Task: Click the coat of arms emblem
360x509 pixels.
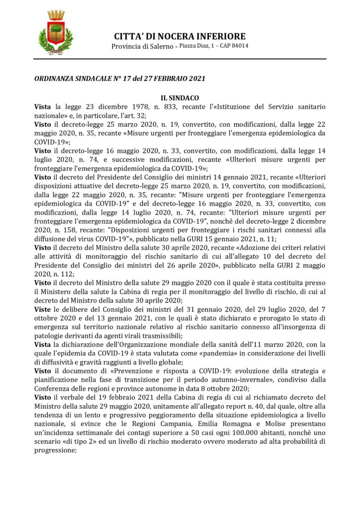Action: [x=55, y=33]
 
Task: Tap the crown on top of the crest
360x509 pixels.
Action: [x=56, y=15]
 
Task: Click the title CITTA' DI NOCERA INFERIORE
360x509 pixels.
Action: [x=180, y=36]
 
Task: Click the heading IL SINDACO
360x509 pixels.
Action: [x=180, y=98]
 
